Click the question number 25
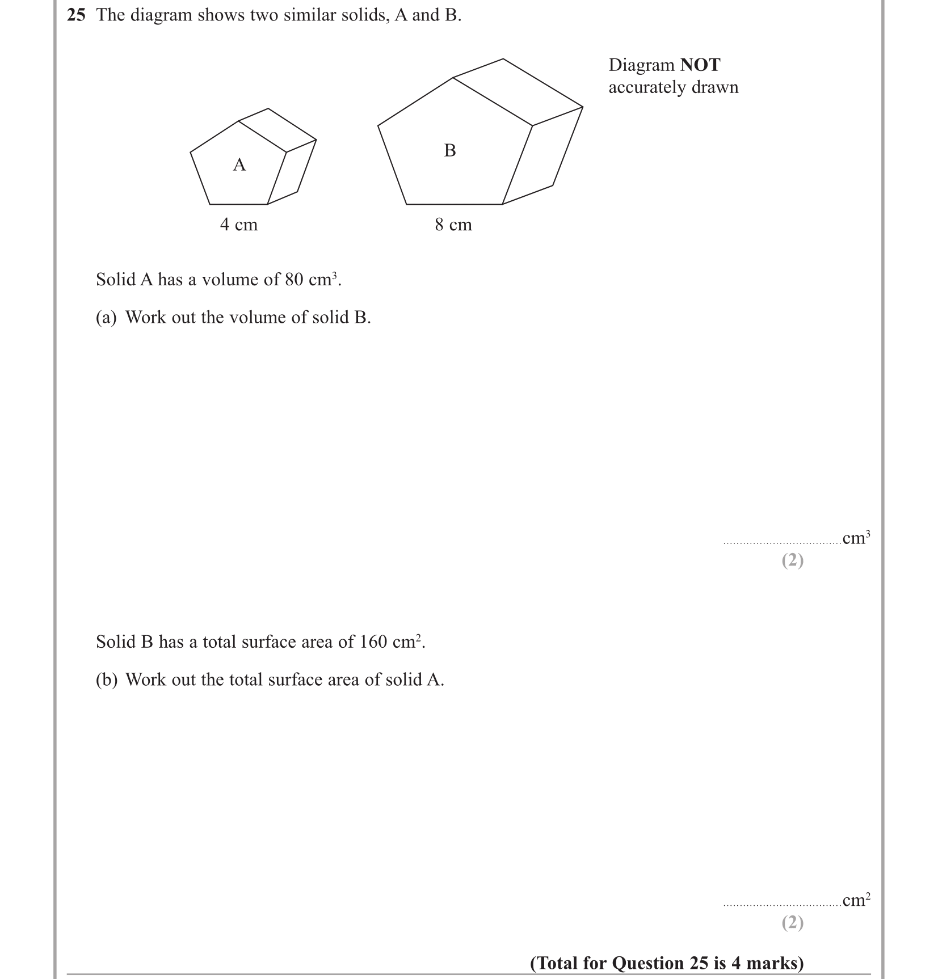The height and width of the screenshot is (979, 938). [76, 15]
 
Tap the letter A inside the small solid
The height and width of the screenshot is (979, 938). [239, 165]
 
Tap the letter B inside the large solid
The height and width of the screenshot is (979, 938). [450, 150]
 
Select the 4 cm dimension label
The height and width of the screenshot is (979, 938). [239, 225]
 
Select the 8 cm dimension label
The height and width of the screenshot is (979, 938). [453, 225]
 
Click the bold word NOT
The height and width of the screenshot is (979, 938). [700, 65]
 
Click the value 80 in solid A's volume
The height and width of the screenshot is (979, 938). [294, 280]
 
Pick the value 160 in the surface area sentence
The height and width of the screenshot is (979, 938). [374, 642]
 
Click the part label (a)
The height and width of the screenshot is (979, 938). [106, 318]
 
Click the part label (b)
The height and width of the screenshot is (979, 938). [106, 680]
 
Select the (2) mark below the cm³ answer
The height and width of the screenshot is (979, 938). [793, 560]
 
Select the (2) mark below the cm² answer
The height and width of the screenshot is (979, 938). [793, 923]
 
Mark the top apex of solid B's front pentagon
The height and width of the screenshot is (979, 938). [453, 78]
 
